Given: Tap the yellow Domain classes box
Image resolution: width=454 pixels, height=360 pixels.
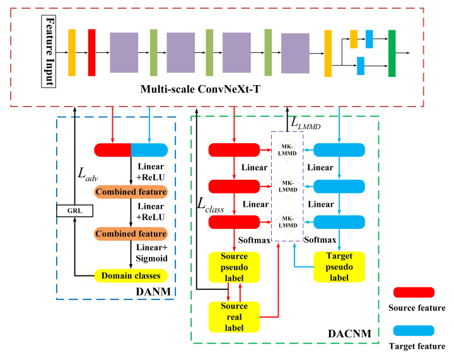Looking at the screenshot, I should click(x=131, y=276).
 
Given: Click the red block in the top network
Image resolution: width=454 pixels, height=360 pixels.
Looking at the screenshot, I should click(x=91, y=47).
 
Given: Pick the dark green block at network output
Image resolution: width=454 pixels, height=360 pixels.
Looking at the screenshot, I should click(x=392, y=48).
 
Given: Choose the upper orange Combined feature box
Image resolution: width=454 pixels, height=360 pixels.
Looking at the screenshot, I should click(x=131, y=191).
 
